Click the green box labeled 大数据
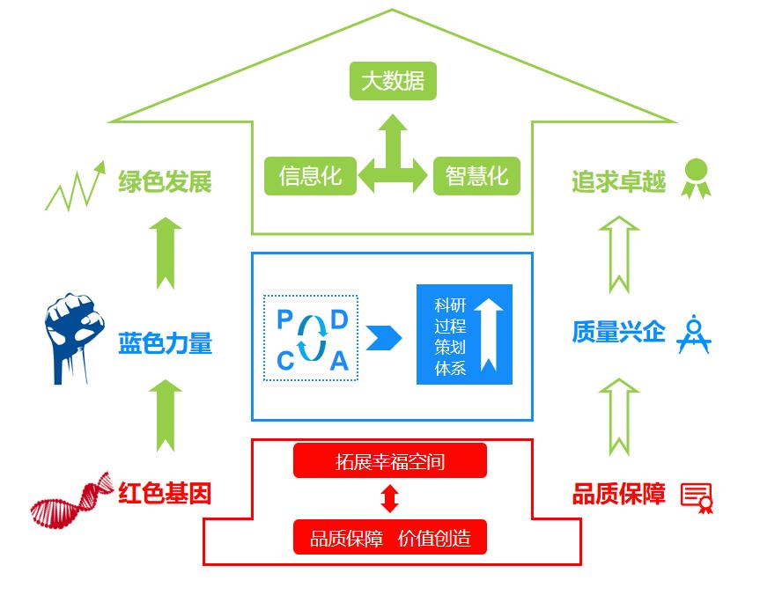(393, 81)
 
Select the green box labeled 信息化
(310, 176)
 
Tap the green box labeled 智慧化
(476, 176)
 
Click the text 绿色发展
(166, 182)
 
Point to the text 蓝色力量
(166, 343)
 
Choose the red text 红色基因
(166, 492)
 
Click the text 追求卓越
(618, 182)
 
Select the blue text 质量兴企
(618, 333)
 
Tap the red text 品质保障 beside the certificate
(618, 494)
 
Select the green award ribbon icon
(696, 179)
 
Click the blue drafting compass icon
(693, 334)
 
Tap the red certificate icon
(697, 496)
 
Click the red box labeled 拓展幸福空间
(390, 460)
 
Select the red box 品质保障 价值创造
(390, 537)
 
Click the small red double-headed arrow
(390, 499)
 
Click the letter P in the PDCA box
(284, 320)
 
